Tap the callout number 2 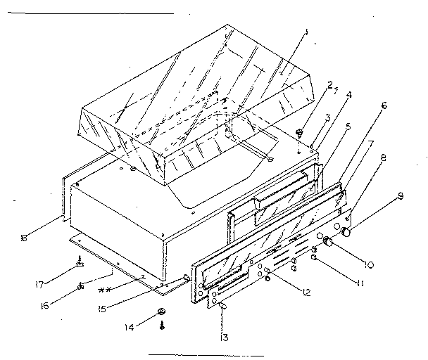329,86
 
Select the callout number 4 348,94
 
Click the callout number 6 384,105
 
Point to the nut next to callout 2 300,131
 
